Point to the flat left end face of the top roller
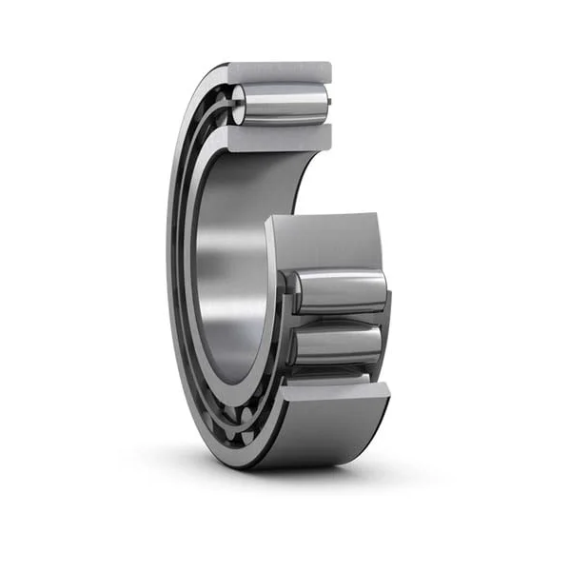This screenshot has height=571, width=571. [x=238, y=103]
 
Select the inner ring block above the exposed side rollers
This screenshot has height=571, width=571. [x=324, y=243]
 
